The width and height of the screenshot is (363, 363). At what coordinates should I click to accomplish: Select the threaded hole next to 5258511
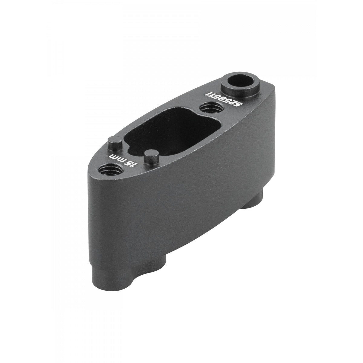pos(210,108)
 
